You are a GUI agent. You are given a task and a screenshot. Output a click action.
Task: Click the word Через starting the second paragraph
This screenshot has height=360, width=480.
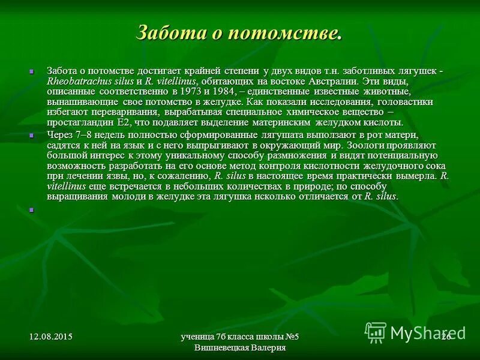pos(61,135)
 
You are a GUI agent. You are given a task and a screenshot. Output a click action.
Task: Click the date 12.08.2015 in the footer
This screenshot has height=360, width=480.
pos(50,336)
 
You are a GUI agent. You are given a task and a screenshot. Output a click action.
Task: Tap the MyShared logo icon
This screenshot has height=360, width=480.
pos(376,331)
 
